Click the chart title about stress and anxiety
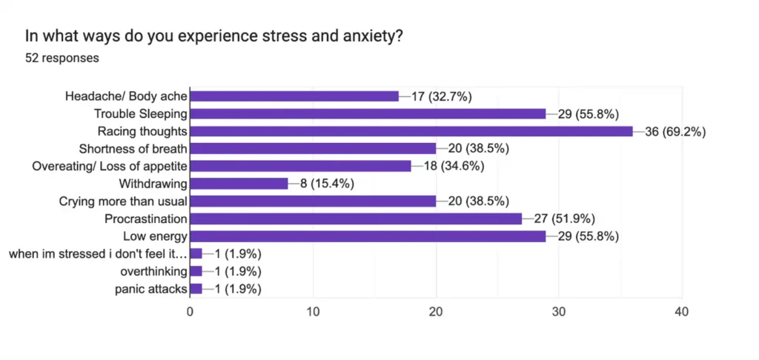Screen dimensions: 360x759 (214, 35)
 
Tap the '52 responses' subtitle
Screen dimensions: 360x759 (62, 57)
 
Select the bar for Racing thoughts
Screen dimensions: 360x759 (411, 131)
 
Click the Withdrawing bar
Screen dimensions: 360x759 (239, 184)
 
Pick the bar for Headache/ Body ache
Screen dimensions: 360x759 (294, 96)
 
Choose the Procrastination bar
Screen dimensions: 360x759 (356, 219)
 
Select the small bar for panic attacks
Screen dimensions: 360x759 (196, 289)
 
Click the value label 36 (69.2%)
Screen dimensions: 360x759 (675, 132)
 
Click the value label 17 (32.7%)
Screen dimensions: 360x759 (442, 96)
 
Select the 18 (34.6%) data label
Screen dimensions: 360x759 (454, 166)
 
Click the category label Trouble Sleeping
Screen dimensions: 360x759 (140, 113)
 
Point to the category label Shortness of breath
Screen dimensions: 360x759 (132, 148)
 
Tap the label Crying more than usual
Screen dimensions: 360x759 (122, 201)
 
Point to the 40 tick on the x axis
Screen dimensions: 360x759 (681, 312)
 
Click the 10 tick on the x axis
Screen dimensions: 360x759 (313, 312)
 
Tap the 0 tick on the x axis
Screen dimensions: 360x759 (190, 312)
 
